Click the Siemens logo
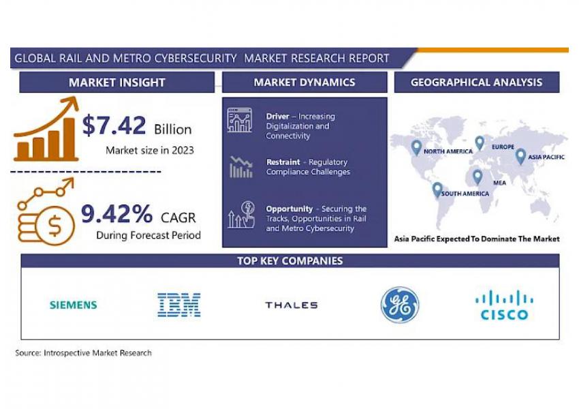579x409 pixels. [74, 305]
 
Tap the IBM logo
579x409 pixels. [179, 305]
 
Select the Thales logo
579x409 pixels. [292, 305]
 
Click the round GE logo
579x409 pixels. [400, 305]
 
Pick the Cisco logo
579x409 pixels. [504, 305]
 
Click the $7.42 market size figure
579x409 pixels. [114, 125]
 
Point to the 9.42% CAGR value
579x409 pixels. [116, 213]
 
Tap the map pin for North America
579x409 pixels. [416, 148]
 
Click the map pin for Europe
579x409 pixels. [480, 143]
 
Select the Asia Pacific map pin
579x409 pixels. [520, 157]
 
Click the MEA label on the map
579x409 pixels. [499, 183]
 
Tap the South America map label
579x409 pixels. [465, 194]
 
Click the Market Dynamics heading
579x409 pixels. [304, 82]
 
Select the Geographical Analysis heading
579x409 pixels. [476, 82]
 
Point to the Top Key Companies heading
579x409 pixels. [290, 261]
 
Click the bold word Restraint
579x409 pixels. [283, 162]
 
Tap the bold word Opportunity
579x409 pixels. [289, 209]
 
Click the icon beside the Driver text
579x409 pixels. [240, 120]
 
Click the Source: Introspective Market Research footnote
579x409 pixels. [84, 353]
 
